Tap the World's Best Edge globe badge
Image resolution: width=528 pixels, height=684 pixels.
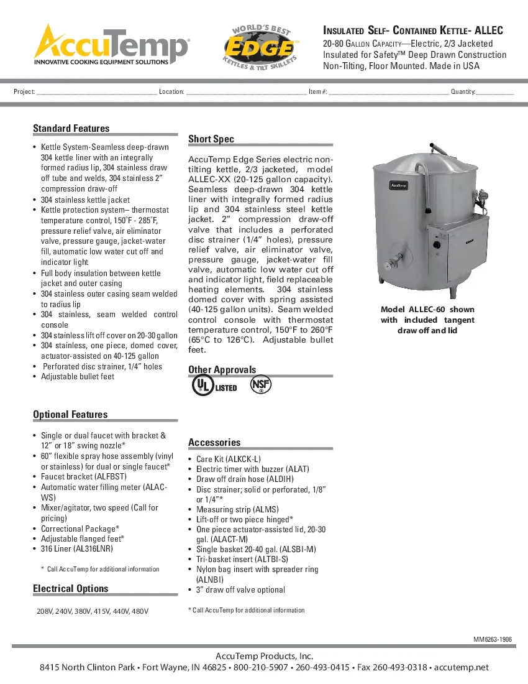(260, 47)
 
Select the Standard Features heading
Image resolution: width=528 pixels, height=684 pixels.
(71, 129)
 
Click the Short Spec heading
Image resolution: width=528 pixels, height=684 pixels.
(211, 139)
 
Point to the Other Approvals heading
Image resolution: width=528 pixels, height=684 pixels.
(222, 370)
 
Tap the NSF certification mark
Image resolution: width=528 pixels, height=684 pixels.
(261, 385)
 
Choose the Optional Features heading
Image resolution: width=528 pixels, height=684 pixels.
(70, 415)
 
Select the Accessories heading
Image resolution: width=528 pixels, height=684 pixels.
(214, 443)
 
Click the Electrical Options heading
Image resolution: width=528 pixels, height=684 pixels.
(70, 589)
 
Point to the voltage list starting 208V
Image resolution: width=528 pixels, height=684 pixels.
(93, 611)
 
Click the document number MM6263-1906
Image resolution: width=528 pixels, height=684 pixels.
(493, 639)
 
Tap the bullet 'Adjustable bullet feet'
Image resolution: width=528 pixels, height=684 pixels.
(78, 377)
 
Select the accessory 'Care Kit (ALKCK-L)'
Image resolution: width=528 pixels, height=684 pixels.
(229, 459)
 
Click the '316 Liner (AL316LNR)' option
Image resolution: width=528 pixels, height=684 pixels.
(77, 549)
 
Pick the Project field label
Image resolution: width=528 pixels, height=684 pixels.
(24, 92)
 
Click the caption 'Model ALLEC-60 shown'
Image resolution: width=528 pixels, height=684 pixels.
(427, 310)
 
